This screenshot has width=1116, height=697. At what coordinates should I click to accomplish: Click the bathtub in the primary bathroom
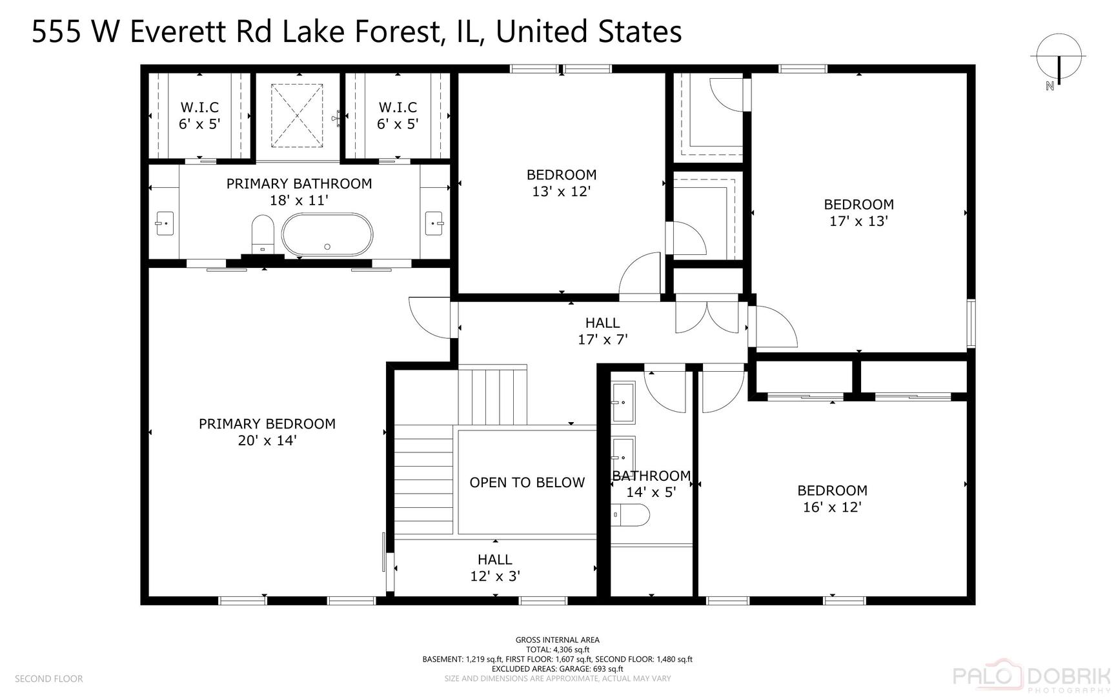coord(327,235)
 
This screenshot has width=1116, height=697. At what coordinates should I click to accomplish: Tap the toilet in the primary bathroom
coord(263,235)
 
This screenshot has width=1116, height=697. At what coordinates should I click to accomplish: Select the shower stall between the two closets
coord(296,116)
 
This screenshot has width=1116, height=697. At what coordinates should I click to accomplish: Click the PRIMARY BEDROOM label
coord(267,424)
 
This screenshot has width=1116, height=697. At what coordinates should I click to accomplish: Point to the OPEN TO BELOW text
coord(527,483)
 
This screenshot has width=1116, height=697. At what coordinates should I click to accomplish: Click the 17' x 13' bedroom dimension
coord(858,221)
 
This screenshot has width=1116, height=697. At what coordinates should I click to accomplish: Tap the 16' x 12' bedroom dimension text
coord(832,507)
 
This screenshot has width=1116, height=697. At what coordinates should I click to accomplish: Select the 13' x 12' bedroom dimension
coord(562,192)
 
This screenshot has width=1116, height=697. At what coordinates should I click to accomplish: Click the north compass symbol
coord(1059,63)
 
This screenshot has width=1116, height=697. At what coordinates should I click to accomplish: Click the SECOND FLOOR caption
coord(49,679)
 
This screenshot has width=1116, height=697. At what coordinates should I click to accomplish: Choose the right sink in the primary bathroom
coord(433,223)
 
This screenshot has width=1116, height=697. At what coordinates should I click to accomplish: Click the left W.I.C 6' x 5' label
coord(199,116)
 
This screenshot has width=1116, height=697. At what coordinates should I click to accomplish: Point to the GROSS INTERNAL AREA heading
coord(558,640)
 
